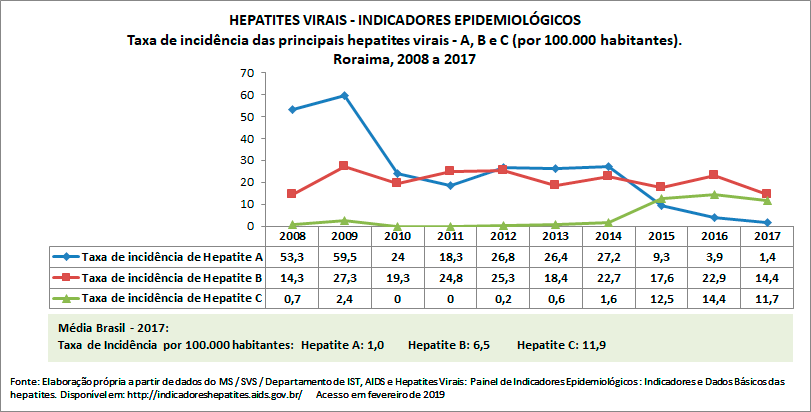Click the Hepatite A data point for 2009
tap(344, 95)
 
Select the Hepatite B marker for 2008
tap(291, 194)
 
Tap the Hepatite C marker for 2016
tap(714, 194)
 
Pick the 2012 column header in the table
tap(503, 236)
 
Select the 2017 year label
tap(767, 236)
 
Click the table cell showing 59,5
tap(344, 256)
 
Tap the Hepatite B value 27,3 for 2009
tap(344, 277)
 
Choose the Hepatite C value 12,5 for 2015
tap(661, 297)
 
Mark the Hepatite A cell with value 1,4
tap(767, 256)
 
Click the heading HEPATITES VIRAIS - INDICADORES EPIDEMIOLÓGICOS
tap(404, 20)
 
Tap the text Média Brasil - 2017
tap(113, 328)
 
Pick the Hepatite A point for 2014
tap(608, 166)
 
